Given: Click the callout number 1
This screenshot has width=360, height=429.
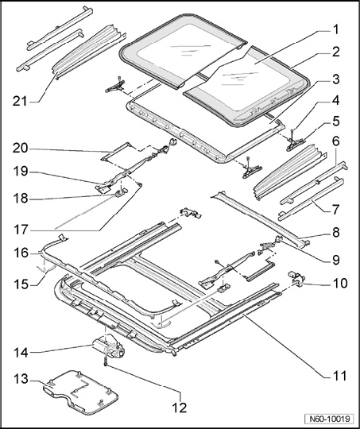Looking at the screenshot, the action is click(335, 30).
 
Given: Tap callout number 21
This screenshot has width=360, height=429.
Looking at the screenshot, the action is click(20, 102).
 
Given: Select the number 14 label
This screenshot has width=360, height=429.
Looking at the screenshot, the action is click(21, 353).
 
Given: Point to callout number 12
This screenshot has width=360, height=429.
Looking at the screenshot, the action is click(180, 408).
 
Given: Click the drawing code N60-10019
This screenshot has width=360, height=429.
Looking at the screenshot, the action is click(330, 419).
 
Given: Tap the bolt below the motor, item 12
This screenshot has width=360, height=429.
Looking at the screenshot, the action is click(105, 361).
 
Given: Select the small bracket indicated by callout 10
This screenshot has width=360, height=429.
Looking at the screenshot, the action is click(296, 278).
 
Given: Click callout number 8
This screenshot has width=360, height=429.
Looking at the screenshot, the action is click(336, 232).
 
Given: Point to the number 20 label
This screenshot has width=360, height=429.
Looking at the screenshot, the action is click(20, 149).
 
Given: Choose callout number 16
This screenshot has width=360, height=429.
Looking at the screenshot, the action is click(21, 253).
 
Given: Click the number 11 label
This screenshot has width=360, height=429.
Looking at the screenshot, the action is click(339, 376).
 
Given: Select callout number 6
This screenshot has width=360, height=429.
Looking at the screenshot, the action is click(336, 141).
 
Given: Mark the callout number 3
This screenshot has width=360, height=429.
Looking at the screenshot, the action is click(336, 79).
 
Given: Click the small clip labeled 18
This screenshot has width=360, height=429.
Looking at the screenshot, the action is click(121, 193).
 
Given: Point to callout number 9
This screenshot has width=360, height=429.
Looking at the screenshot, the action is click(336, 260).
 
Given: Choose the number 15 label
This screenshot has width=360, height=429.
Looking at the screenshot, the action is click(21, 284).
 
